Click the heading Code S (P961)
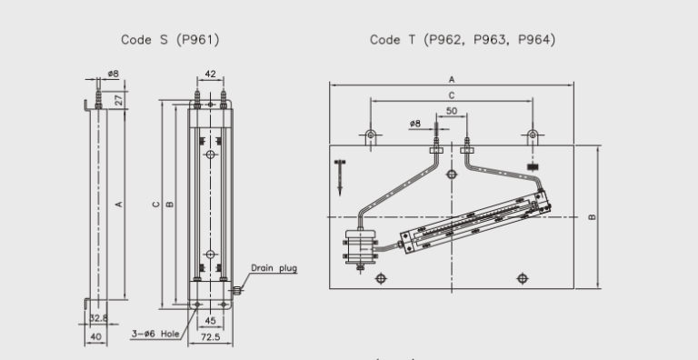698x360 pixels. click(x=170, y=40)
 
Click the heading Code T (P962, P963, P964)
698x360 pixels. click(x=463, y=40)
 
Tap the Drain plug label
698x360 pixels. click(x=274, y=268)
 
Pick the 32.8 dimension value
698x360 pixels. click(x=97, y=318)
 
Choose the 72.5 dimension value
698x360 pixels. click(x=211, y=336)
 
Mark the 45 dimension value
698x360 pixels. click(x=211, y=319)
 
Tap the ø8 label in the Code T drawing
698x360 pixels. click(x=414, y=123)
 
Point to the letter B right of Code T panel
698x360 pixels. click(x=592, y=217)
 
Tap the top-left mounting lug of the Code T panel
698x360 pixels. click(x=371, y=136)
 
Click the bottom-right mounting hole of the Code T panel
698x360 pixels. click(x=522, y=277)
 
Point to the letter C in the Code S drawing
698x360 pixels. click(x=155, y=204)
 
